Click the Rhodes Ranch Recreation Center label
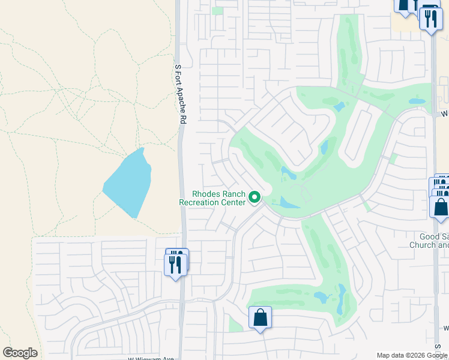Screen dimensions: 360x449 click(x=213, y=198)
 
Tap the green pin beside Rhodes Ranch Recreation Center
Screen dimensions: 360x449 click(x=255, y=197)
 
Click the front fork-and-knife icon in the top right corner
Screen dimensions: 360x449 click(x=430, y=20)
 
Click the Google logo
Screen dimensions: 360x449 click(x=20, y=353)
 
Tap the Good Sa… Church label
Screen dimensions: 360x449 click(x=429, y=241)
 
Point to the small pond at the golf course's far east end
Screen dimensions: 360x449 click(x=417, y=101)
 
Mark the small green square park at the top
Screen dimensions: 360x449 click(x=217, y=11)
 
